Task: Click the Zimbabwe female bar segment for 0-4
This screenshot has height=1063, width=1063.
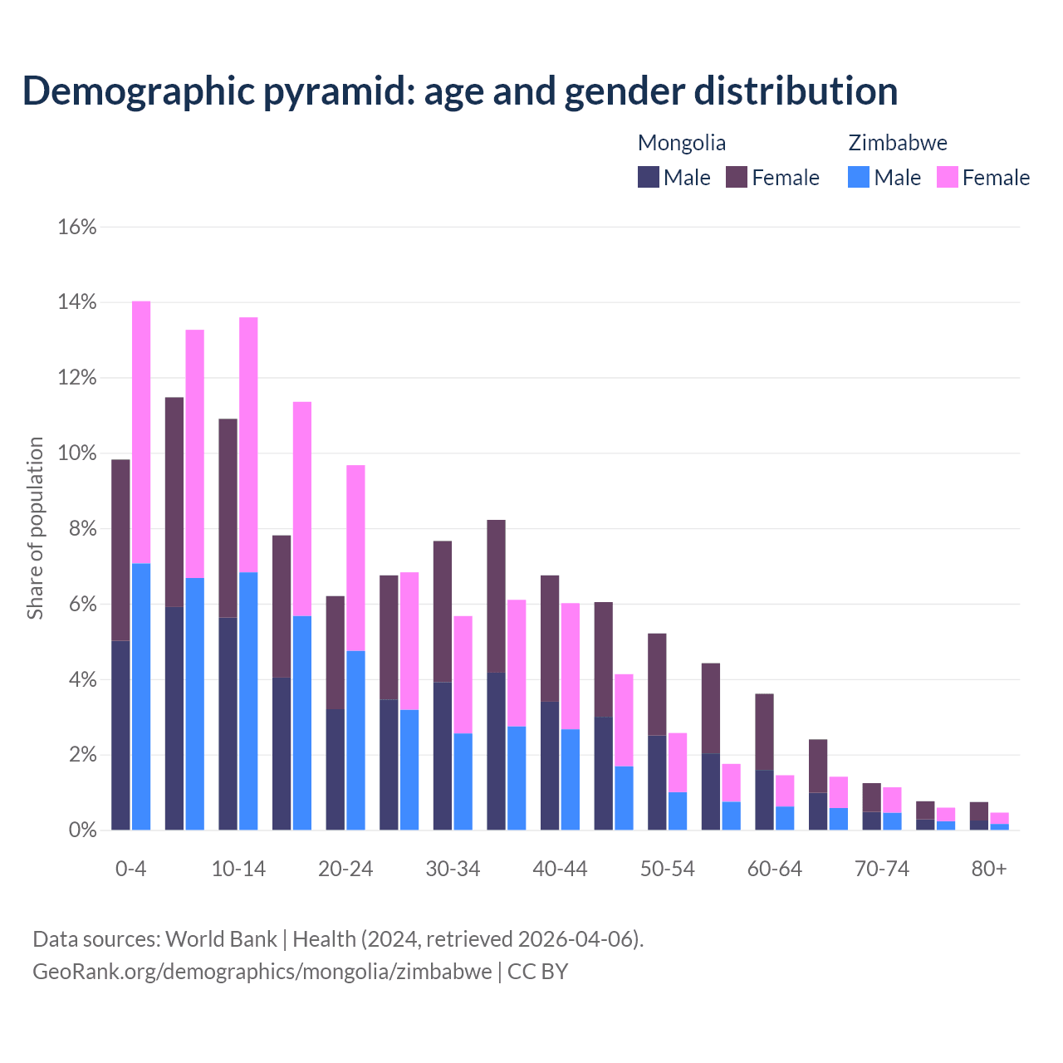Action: (x=141, y=432)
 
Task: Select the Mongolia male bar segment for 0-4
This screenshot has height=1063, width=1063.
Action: (x=120, y=735)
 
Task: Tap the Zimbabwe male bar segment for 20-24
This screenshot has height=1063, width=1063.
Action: (x=355, y=740)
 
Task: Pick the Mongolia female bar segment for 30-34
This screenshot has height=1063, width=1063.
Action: (x=443, y=611)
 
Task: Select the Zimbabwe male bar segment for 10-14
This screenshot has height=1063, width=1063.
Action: (x=248, y=701)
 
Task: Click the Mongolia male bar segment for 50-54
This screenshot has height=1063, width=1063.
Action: (x=657, y=782)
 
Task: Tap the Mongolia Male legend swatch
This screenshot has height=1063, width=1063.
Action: (x=649, y=177)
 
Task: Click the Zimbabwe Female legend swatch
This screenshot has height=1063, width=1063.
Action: (x=948, y=177)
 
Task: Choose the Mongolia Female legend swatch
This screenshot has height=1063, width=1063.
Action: (x=737, y=177)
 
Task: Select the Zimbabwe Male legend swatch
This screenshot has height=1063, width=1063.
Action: (x=859, y=177)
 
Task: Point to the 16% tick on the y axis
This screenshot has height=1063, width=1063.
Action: (x=77, y=227)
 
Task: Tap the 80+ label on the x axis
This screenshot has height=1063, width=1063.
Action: (x=989, y=869)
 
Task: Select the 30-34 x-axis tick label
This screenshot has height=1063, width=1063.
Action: (x=453, y=869)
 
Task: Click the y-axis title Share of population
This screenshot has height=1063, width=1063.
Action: (x=35, y=528)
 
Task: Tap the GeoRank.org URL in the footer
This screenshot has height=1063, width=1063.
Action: (x=262, y=971)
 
